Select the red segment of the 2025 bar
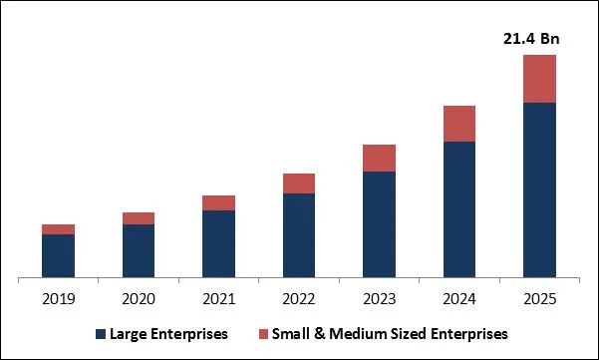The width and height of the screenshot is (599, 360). pos(539,79)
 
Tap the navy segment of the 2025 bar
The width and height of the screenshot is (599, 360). pos(539,189)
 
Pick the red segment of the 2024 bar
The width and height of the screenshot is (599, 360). pos(459,124)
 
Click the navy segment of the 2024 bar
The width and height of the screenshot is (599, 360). pos(459,209)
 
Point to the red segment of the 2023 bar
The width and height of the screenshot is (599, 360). pos(379,158)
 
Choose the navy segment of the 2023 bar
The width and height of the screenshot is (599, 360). pos(379,224)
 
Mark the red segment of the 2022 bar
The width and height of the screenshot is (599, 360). pos(299,183)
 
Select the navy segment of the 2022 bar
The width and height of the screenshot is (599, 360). pos(299,235)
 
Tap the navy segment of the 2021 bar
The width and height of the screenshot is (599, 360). pos(218,243)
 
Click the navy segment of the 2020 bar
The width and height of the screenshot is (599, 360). pos(139,250)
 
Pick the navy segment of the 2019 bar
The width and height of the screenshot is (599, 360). pos(58,255)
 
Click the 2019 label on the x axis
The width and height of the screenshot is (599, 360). pos(58,298)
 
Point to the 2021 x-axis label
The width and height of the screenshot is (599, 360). pos(218,298)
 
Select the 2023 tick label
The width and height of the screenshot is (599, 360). pos(379,298)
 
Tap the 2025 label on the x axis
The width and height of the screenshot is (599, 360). pos(539,298)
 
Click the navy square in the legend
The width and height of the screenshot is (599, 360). pos(100,333)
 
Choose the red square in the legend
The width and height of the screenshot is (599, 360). pos(264,333)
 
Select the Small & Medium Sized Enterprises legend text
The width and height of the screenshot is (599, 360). pos(392,333)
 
